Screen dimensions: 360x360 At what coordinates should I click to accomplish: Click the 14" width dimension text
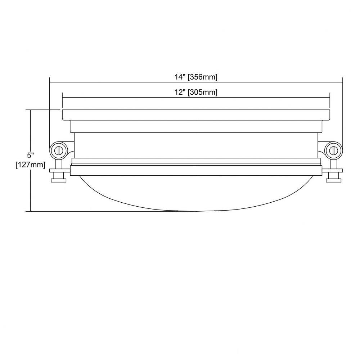[180, 77]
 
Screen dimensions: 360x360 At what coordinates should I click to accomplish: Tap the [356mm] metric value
[202, 77]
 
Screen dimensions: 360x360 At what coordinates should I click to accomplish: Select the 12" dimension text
[180, 92]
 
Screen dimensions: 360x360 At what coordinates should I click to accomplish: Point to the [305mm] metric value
[202, 93]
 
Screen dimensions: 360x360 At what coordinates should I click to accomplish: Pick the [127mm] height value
[30, 165]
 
